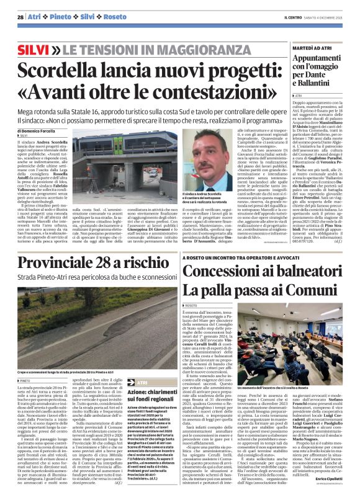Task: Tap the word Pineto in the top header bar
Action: click(60, 17)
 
